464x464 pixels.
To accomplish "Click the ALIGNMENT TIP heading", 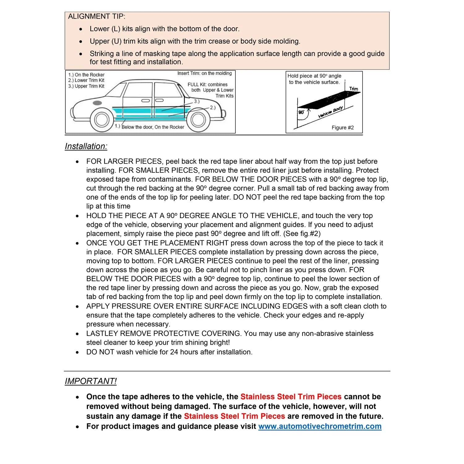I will (x=97, y=16).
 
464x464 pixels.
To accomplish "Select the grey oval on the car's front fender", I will (x=97, y=103).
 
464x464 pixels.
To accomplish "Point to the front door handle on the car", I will (x=145, y=101).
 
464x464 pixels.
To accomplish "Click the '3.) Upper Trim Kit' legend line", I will (x=86, y=86).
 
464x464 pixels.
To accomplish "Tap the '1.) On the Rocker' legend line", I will (x=86, y=75).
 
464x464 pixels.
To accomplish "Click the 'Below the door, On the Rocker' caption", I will (x=153, y=127).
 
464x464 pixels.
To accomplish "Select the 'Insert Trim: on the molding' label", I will (x=204, y=73).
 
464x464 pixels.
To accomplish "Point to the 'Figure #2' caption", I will (x=342, y=128).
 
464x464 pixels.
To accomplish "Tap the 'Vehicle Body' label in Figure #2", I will (x=330, y=112).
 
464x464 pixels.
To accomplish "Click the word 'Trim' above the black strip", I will (x=354, y=89).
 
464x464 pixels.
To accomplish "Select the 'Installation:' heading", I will (x=86, y=146).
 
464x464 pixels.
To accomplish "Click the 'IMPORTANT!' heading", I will (x=91, y=381).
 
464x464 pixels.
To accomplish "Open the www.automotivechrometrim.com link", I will (x=320, y=426).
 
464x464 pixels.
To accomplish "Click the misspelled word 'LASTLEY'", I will (x=102, y=333).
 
